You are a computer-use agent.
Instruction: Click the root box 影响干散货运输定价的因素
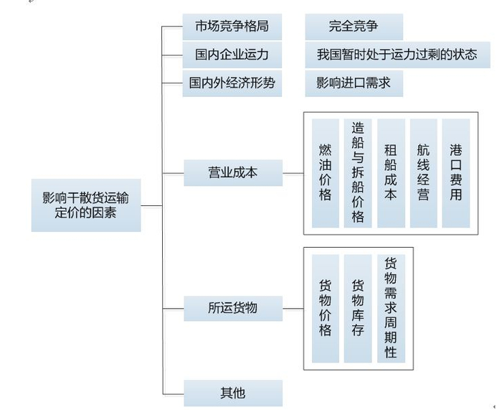pos(86,205)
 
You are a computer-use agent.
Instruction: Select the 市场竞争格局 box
pos(232,27)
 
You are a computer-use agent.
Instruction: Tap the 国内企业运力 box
pos(232,55)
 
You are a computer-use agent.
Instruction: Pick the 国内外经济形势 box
pos(232,83)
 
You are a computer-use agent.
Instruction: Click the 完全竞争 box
pos(354,27)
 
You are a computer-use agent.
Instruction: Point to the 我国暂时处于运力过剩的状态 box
pos(397,55)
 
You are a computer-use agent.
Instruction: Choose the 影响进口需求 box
pos(354,83)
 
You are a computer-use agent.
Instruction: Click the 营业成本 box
pos(233,173)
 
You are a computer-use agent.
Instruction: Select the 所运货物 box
pos(233,308)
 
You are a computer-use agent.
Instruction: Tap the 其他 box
pos(233,393)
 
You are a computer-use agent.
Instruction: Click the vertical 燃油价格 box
pos(326,173)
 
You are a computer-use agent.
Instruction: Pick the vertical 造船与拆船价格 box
pos(358,173)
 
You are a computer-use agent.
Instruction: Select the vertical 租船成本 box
pos(391,173)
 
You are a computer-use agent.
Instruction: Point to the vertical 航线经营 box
pos(423,173)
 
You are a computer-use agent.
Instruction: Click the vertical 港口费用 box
pos(456,173)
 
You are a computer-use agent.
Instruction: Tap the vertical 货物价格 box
pos(326,308)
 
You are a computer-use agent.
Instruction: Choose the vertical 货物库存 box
pos(358,308)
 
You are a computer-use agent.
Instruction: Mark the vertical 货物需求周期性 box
pos(391,308)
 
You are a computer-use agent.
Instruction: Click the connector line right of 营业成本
pos(293,174)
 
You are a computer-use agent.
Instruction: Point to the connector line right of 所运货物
pos(293,309)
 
